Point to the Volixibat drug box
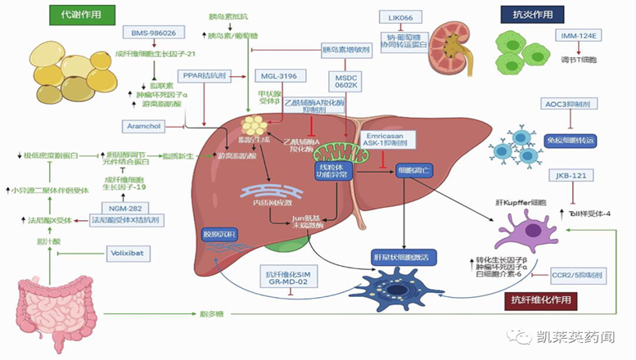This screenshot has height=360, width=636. (130, 254)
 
